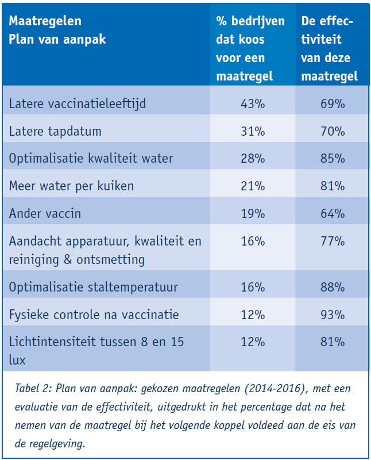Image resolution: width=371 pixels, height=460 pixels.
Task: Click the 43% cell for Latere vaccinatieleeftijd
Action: (253, 104)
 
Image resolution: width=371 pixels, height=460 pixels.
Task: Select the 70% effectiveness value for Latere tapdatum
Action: (333, 131)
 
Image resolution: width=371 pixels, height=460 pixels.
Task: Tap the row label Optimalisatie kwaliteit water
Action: (91, 159)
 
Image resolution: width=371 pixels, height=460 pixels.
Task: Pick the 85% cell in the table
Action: (333, 159)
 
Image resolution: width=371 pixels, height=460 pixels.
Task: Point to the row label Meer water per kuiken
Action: (72, 186)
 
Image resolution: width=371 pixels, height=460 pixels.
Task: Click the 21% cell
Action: (253, 186)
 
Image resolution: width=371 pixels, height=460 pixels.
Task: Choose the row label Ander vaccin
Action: (45, 213)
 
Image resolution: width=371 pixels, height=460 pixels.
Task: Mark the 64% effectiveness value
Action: (333, 213)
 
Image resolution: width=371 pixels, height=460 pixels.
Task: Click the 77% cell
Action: (333, 241)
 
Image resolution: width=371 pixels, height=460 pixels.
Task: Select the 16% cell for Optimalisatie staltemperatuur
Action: (253, 287)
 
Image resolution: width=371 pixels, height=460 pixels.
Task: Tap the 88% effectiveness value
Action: (333, 287)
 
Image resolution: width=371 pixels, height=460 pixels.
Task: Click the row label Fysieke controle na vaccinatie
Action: (94, 315)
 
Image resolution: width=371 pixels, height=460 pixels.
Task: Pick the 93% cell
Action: (333, 315)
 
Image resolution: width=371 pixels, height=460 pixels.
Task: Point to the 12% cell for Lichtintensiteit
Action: (253, 342)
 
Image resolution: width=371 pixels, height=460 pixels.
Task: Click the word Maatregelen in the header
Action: (45, 21)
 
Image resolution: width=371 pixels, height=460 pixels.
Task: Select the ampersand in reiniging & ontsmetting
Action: (68, 259)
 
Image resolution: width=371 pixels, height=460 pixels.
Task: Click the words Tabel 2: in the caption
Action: (33, 389)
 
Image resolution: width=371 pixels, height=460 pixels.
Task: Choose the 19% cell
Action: (253, 213)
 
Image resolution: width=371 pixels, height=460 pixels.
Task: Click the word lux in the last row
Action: (17, 360)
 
